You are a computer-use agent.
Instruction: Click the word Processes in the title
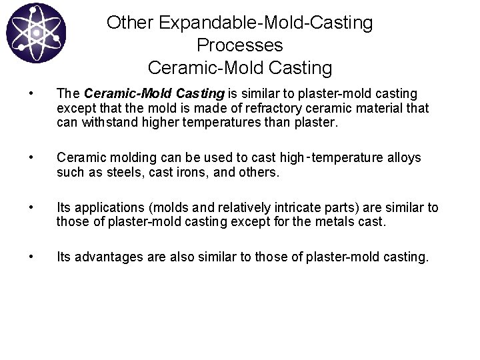240,45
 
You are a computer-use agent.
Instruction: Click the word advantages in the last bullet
107,256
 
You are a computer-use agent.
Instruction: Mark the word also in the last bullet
193,256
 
